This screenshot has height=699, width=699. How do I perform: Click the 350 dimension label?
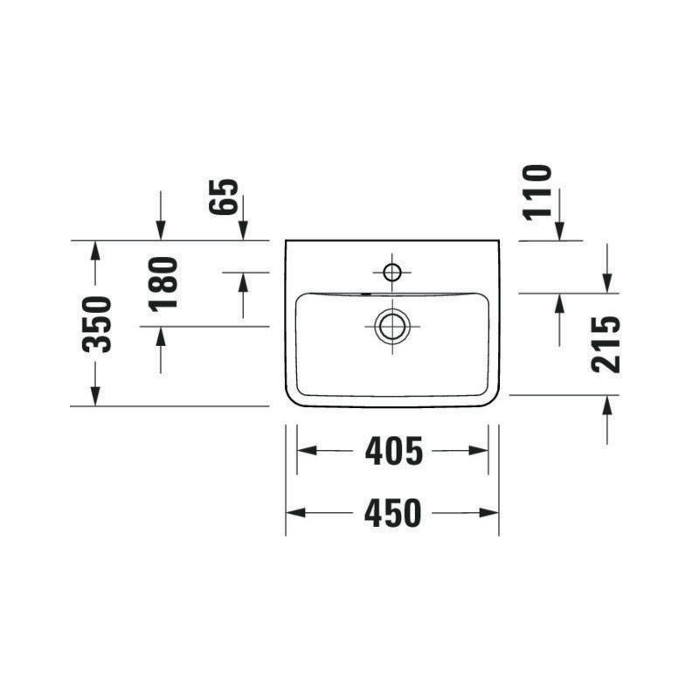[97, 324]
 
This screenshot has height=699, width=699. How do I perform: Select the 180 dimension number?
[163, 283]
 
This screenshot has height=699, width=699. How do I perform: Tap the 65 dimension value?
[224, 197]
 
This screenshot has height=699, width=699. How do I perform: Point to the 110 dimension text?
[538, 192]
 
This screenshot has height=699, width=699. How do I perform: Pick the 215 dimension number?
[606, 344]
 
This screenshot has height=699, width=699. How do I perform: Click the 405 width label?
[394, 451]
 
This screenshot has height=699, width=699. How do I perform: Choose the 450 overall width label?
[392, 513]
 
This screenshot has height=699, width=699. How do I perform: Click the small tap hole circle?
[392, 272]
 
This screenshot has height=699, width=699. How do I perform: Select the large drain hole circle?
[392, 327]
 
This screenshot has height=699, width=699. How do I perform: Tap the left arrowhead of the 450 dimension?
[295, 513]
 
